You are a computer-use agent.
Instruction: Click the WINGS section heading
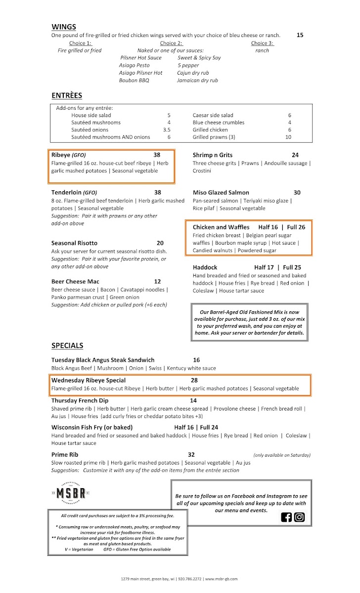(x=64, y=27)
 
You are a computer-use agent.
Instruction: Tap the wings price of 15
(x=300, y=35)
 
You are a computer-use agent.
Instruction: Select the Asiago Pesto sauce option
(x=134, y=65)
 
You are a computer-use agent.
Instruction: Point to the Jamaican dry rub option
(x=197, y=80)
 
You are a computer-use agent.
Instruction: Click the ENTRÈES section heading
(x=67, y=95)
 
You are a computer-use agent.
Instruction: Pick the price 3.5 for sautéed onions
(x=167, y=130)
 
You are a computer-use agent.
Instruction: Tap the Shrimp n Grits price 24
(x=295, y=155)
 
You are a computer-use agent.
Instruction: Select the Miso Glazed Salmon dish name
(x=221, y=193)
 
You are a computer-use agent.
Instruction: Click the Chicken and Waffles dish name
(x=221, y=227)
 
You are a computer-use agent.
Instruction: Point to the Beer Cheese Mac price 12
(x=157, y=282)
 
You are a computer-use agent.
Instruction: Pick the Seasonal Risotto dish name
(x=74, y=243)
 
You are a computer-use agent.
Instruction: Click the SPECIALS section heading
(x=67, y=345)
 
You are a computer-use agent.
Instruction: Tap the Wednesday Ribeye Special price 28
(x=194, y=381)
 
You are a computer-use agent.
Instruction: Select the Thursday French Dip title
(x=80, y=401)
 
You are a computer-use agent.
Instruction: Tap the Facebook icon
(x=286, y=517)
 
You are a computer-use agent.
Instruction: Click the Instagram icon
(x=299, y=517)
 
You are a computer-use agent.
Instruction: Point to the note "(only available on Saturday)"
(x=282, y=455)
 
